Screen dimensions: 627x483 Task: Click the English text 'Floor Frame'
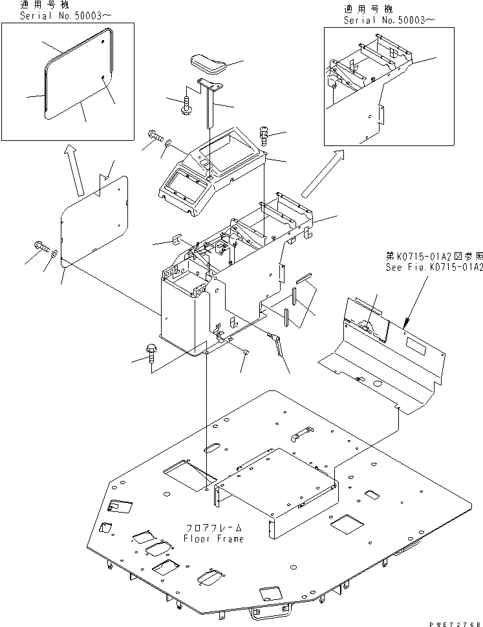(213, 538)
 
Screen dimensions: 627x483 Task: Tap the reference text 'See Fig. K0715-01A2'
(434, 267)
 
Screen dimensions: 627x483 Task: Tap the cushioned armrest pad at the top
(207, 64)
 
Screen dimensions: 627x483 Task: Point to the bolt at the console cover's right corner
(264, 134)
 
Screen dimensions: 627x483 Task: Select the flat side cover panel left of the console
(94, 220)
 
